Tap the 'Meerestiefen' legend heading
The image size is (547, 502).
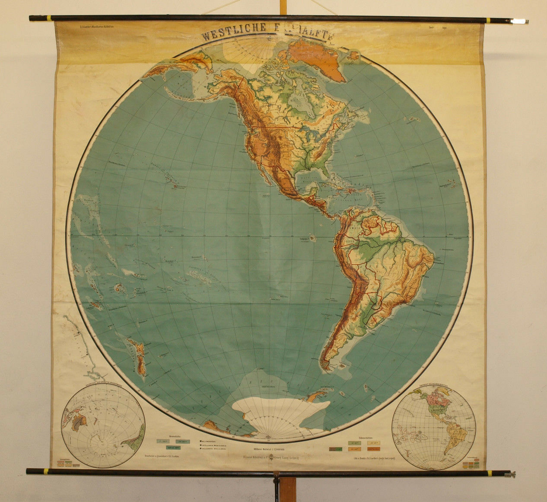(167, 436)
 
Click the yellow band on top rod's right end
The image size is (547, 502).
(488, 20)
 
